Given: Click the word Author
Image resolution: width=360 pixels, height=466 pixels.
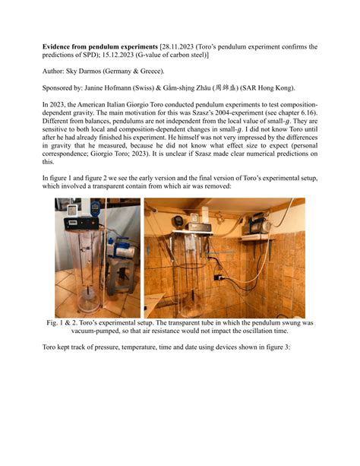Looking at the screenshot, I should [x=55, y=71].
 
